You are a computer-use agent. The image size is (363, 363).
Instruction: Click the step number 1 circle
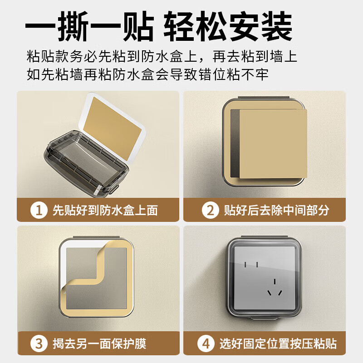point(39,210)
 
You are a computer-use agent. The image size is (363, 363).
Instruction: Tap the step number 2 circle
point(210,210)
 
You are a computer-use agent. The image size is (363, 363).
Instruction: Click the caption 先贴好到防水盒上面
point(105,210)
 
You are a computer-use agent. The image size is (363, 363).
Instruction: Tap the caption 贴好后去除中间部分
point(277,210)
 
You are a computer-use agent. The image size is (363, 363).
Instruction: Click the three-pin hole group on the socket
point(274,289)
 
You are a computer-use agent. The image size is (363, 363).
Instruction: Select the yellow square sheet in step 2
point(272,143)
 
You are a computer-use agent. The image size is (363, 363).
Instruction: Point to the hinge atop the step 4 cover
point(264,236)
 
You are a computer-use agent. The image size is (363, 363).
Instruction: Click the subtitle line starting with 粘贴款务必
point(162,57)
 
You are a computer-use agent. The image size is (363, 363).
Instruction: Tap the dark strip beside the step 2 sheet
point(235,143)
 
